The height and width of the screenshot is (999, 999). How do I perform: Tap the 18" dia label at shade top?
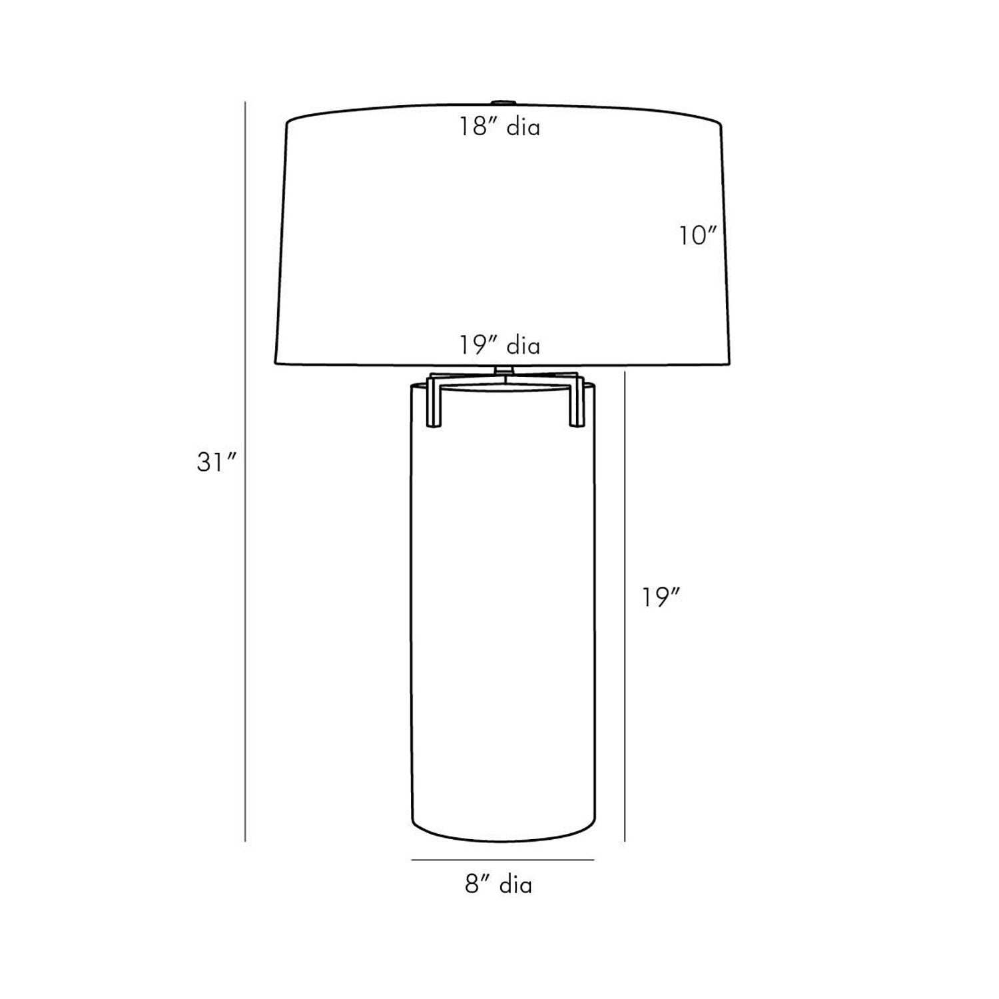point(499,127)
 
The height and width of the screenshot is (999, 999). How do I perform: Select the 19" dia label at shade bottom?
point(499,345)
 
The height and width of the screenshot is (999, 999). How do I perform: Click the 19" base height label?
point(661,597)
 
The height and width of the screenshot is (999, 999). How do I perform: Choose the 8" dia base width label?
point(498,884)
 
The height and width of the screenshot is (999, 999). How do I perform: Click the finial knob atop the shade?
point(503,103)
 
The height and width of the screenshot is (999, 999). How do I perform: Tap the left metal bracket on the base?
point(432,400)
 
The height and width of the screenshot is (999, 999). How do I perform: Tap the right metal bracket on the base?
point(575,400)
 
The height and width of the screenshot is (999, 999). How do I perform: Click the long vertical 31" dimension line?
point(246,472)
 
